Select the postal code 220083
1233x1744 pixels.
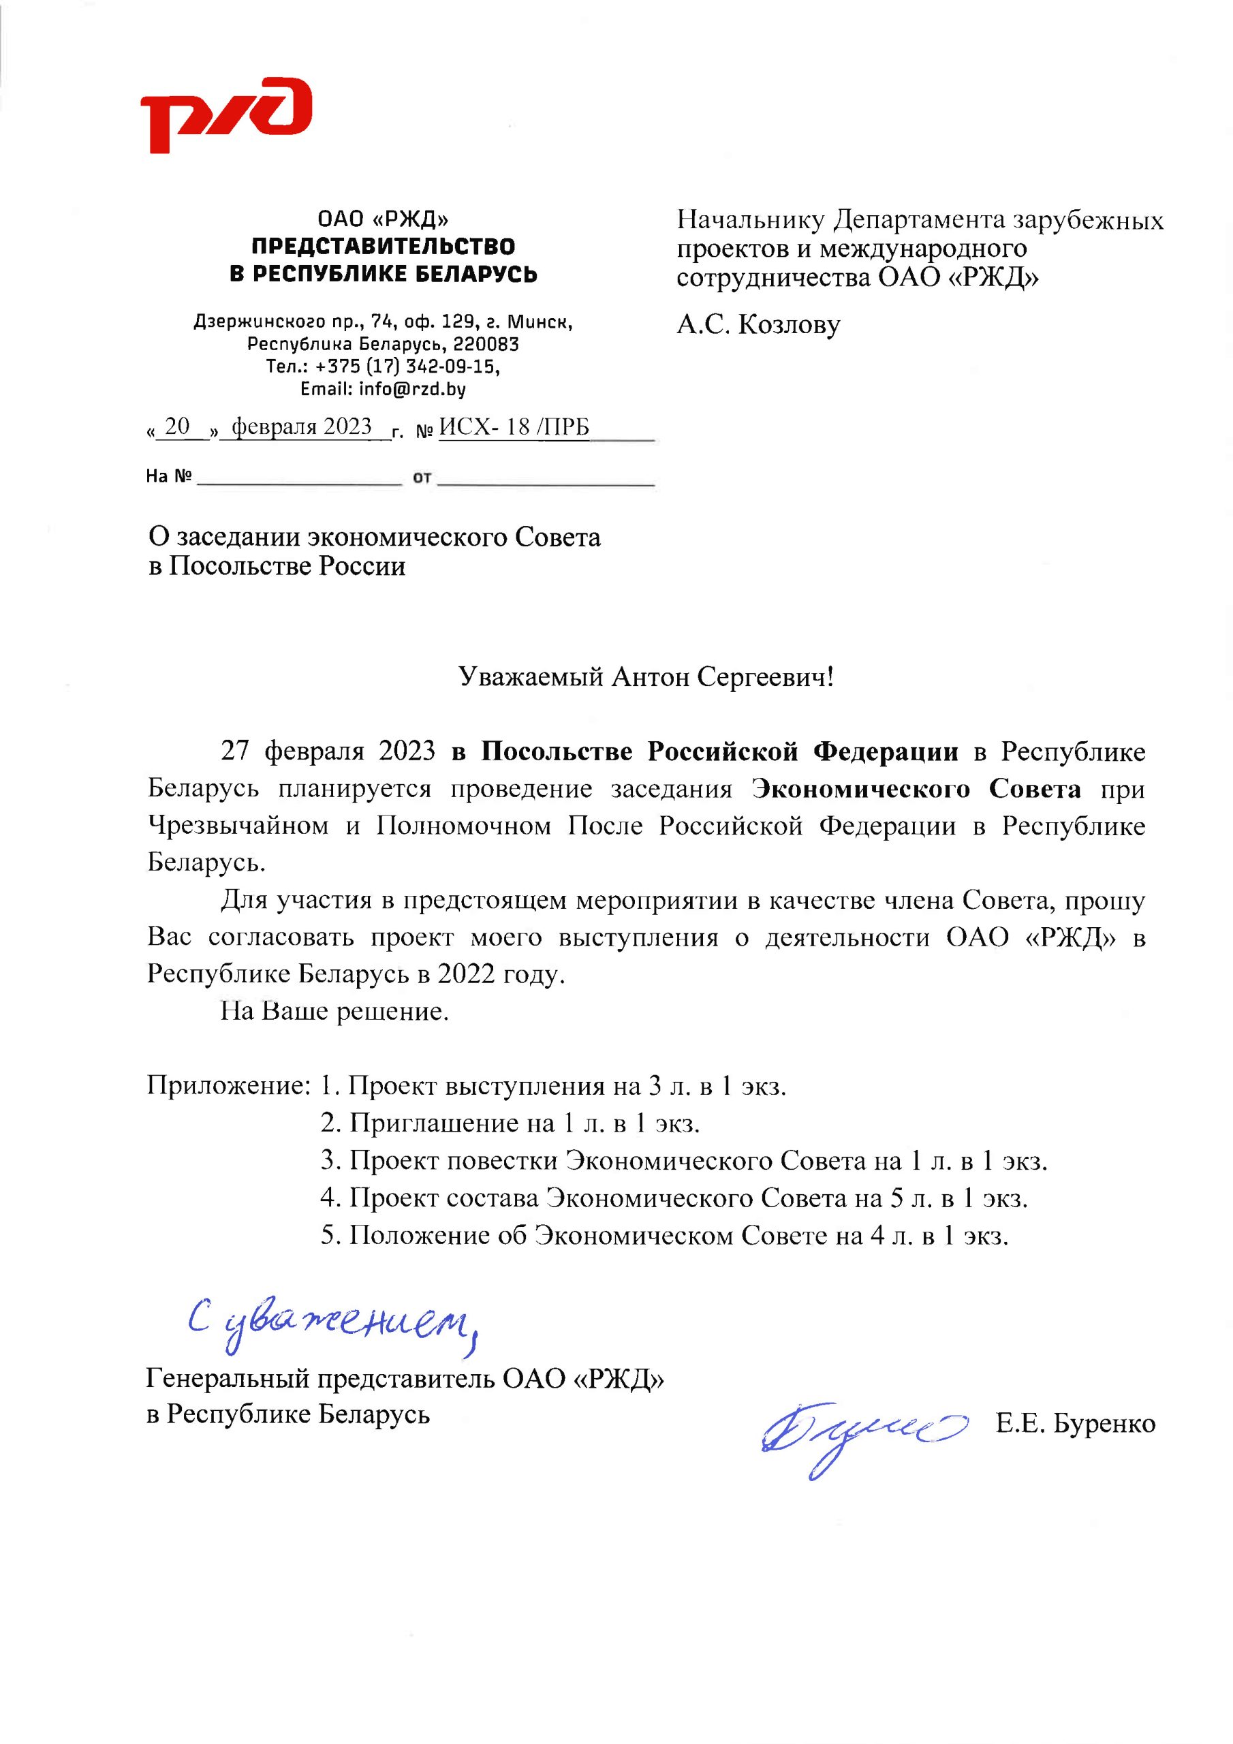[486, 344]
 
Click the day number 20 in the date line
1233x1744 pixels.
[176, 427]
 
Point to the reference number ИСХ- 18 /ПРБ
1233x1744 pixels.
[514, 427]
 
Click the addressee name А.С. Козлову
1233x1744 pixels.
[758, 324]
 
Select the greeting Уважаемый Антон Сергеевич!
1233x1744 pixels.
[646, 676]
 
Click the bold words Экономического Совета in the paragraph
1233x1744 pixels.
[916, 788]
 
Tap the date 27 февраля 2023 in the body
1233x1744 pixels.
[328, 751]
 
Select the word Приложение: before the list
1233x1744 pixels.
[227, 1085]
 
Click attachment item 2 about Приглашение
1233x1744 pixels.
[509, 1123]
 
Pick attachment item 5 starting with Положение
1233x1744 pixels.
[664, 1235]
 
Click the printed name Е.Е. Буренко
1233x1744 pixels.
[1075, 1423]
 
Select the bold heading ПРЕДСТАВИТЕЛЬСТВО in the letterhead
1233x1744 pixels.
[383, 246]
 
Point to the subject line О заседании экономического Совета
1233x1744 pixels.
[374, 537]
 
